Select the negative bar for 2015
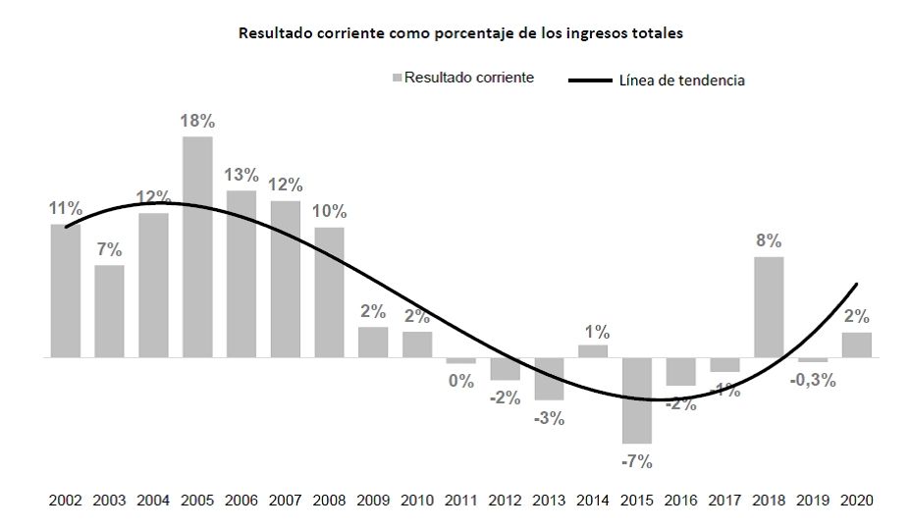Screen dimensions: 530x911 pyautogui.click(x=637, y=400)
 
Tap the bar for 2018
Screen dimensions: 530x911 pyautogui.click(x=769, y=307)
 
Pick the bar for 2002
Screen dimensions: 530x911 pyautogui.click(x=66, y=291)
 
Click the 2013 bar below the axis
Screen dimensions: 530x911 pyautogui.click(x=549, y=379)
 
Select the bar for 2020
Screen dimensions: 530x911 pyautogui.click(x=857, y=345)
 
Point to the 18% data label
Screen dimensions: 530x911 pyautogui.click(x=197, y=122)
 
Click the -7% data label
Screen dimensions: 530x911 pyautogui.click(x=637, y=460)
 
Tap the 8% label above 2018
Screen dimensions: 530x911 pyautogui.click(x=769, y=240)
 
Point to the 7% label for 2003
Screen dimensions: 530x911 pyautogui.click(x=109, y=249)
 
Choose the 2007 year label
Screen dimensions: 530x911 pyautogui.click(x=285, y=500)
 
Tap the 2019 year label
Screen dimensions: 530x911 pyautogui.click(x=813, y=500)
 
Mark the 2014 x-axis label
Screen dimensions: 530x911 pyautogui.click(x=593, y=500)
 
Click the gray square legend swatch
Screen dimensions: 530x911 pyautogui.click(x=397, y=78)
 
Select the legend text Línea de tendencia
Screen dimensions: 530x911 pyautogui.click(x=681, y=80)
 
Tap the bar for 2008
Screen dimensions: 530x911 pyautogui.click(x=329, y=292)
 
